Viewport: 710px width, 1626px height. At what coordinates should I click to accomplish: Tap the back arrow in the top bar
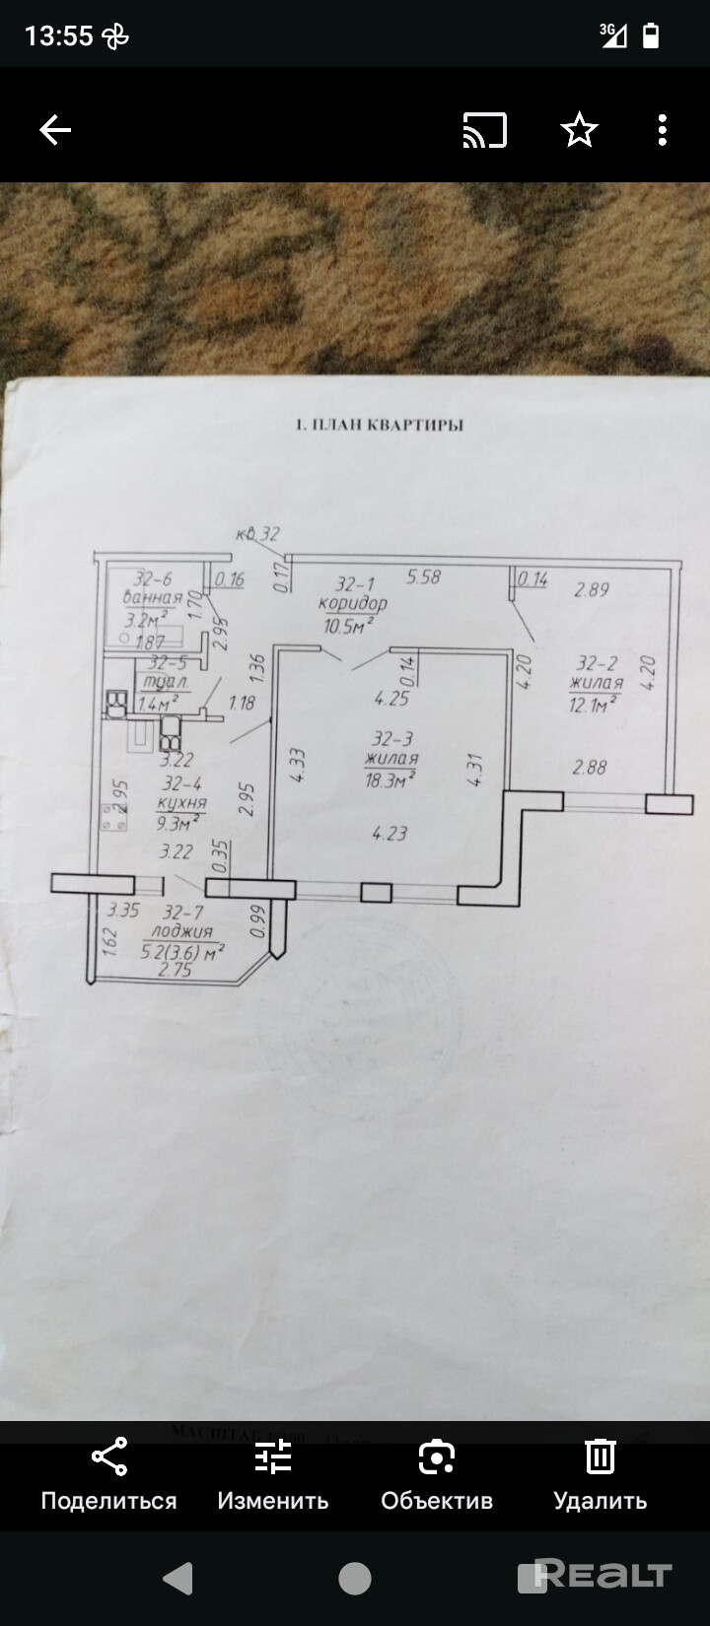click(x=55, y=130)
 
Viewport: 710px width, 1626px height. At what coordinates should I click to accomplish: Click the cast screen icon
click(x=484, y=130)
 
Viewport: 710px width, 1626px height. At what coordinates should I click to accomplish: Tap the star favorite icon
click(x=580, y=130)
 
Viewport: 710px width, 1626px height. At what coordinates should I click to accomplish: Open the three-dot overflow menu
click(x=663, y=130)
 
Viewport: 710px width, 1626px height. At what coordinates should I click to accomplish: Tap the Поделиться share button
click(x=108, y=1474)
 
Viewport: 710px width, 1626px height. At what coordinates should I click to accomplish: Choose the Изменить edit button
click(x=273, y=1474)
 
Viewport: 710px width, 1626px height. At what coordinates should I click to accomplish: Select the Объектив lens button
click(x=437, y=1474)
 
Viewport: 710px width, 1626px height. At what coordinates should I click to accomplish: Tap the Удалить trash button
click(x=600, y=1474)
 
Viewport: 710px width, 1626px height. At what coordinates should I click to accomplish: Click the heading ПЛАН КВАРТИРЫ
click(x=380, y=426)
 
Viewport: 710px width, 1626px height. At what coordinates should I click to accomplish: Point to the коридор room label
click(x=352, y=603)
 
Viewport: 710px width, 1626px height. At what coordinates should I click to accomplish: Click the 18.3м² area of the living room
click(x=389, y=779)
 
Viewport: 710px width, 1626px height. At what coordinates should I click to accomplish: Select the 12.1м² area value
click(x=594, y=703)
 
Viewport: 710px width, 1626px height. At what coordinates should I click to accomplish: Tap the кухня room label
click(x=181, y=803)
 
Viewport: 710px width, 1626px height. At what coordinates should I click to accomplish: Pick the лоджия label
click(x=181, y=931)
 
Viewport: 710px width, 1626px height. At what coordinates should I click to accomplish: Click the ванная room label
click(x=152, y=598)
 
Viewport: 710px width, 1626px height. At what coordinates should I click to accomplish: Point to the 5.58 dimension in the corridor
click(x=423, y=576)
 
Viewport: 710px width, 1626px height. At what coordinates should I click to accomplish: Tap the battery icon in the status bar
click(x=651, y=36)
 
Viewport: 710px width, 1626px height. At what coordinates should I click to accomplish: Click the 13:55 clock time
click(x=58, y=36)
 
